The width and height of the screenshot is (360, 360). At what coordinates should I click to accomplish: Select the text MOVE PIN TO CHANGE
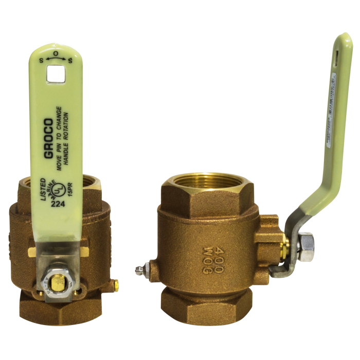59,138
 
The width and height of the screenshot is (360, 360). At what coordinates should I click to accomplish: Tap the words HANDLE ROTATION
67,138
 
